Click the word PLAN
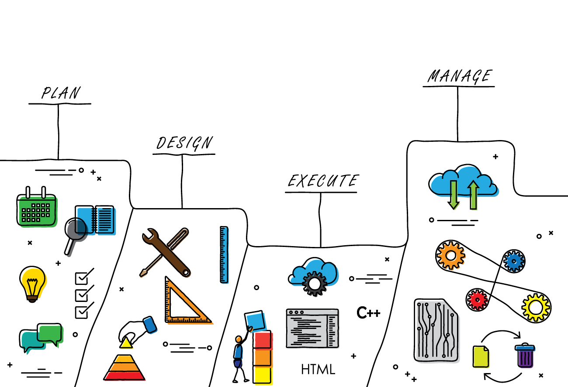click(61, 92)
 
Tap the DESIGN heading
click(184, 143)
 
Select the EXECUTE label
click(323, 181)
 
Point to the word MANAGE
click(460, 76)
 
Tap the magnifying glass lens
click(76, 229)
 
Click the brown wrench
click(166, 252)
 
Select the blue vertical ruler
click(224, 254)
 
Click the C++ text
click(368, 312)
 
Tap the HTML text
click(318, 369)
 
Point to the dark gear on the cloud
click(315, 284)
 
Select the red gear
click(477, 300)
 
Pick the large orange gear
click(450, 255)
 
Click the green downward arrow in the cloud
click(454, 195)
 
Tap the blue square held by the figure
click(255, 321)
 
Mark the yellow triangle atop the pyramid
click(126, 343)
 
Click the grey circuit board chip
click(436, 330)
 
